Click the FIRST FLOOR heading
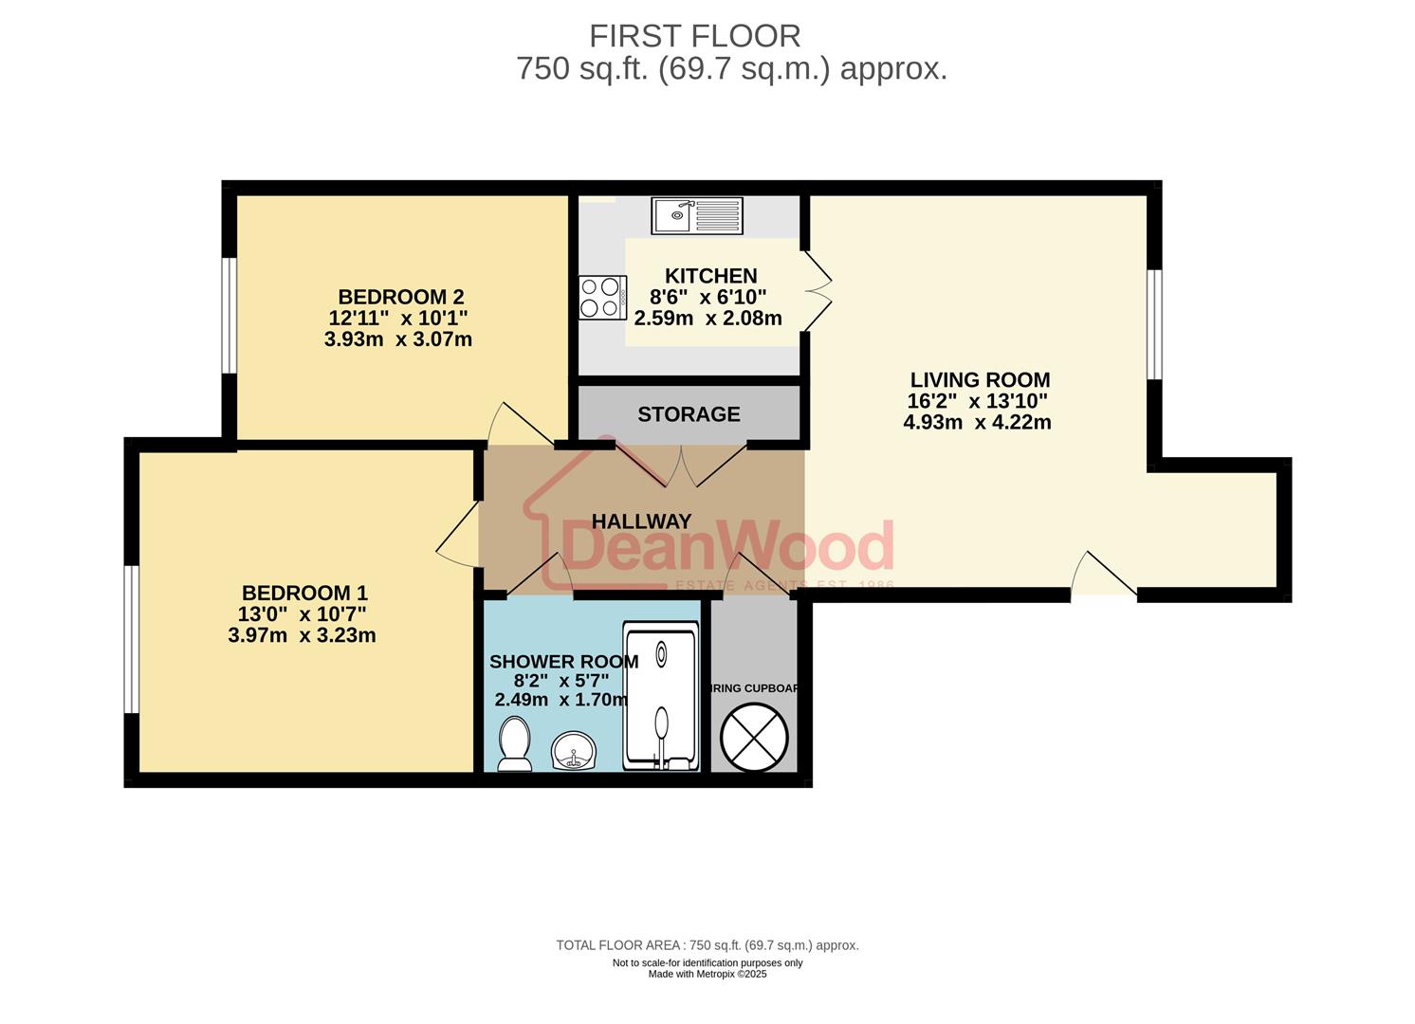(694, 36)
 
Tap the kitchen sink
(696, 215)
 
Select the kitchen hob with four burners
(602, 297)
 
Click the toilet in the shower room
(514, 744)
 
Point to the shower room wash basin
(573, 751)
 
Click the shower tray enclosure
(661, 696)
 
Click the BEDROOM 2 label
(400, 297)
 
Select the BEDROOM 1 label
(303, 594)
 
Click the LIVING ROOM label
(980, 380)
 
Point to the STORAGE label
(689, 414)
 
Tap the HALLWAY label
(641, 521)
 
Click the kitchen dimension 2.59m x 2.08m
(707, 319)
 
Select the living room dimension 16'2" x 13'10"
(977, 401)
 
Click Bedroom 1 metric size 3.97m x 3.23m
(302, 635)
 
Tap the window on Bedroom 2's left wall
(229, 315)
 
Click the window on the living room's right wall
(1153, 324)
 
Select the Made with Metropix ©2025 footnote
(707, 974)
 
